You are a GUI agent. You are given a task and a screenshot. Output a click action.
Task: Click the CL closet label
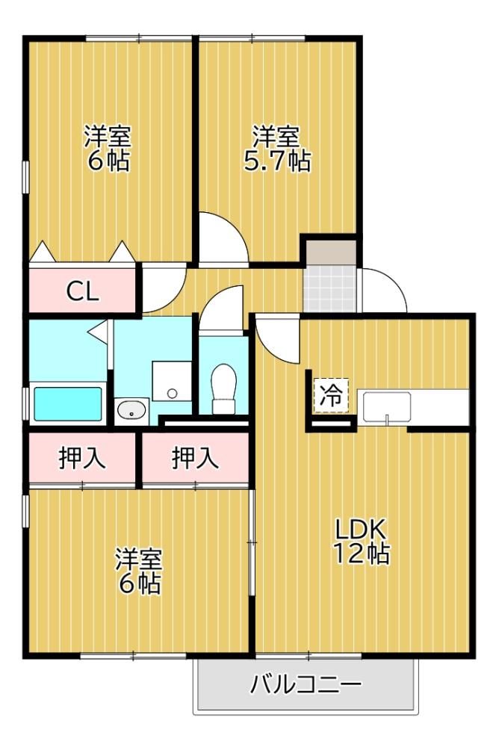pos(82,291)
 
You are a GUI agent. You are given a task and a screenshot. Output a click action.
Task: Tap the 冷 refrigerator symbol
pos(331,395)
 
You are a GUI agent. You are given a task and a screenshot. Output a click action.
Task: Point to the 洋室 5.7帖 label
pos(276,149)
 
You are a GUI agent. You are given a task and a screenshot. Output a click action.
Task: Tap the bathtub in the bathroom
pos(68,404)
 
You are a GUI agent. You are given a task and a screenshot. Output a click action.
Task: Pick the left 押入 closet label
pos(81,459)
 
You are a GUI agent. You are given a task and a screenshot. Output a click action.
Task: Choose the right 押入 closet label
pos(195,459)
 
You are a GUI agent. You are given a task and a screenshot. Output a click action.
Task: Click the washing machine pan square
pos(172,381)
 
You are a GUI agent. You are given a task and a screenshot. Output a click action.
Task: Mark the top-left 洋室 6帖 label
pos(108,149)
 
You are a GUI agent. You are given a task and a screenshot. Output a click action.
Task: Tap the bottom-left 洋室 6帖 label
pos(139,571)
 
